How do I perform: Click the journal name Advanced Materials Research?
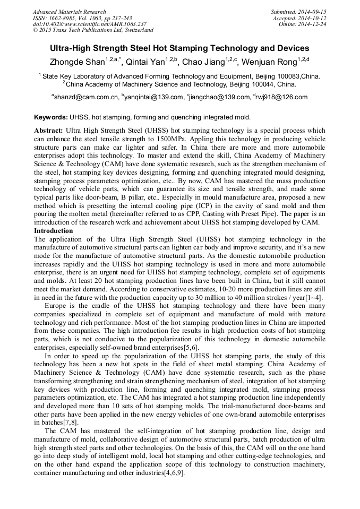69,12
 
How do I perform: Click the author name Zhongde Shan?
78,63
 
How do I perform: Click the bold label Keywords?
51,117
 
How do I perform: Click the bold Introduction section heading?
54,231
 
